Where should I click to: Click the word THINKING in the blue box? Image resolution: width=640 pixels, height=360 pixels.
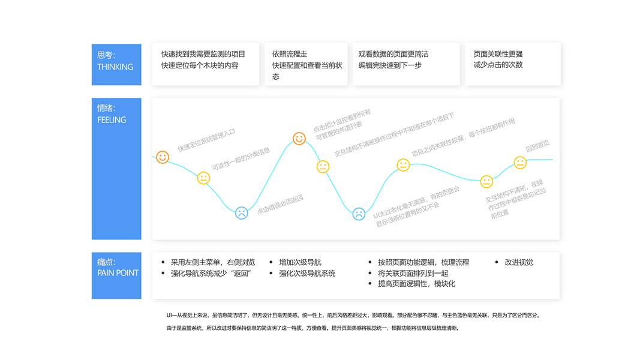(x=115, y=67)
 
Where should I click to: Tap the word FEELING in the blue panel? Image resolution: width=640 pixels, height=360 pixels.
(x=112, y=120)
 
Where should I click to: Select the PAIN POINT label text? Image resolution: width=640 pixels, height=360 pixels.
(x=118, y=273)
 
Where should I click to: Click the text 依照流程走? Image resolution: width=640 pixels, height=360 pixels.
(x=290, y=54)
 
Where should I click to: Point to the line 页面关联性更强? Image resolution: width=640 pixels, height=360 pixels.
(x=498, y=54)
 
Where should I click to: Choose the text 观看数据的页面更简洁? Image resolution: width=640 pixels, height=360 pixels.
(x=393, y=54)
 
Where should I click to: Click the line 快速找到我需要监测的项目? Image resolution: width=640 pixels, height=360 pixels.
(x=203, y=54)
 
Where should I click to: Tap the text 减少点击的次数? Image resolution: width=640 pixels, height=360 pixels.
(x=498, y=65)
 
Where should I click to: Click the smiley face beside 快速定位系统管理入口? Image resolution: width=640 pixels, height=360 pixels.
(x=163, y=157)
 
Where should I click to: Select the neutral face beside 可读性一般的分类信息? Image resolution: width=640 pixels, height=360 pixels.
(x=204, y=178)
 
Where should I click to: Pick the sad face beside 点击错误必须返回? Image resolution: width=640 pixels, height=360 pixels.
(x=241, y=212)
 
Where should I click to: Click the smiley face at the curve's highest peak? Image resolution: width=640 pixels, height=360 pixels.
(x=299, y=139)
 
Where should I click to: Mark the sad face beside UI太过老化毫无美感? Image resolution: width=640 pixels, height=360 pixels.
(x=359, y=213)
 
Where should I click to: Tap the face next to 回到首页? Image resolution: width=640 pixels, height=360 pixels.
(x=520, y=163)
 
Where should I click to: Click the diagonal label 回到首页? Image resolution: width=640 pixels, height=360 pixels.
(x=537, y=146)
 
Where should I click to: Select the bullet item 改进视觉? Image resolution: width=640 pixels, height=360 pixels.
(x=518, y=262)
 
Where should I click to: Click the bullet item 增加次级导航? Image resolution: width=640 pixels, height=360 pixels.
(x=300, y=262)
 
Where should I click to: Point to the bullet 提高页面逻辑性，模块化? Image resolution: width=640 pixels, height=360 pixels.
(x=416, y=284)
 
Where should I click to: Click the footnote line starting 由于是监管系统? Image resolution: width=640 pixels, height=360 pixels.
(x=313, y=328)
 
